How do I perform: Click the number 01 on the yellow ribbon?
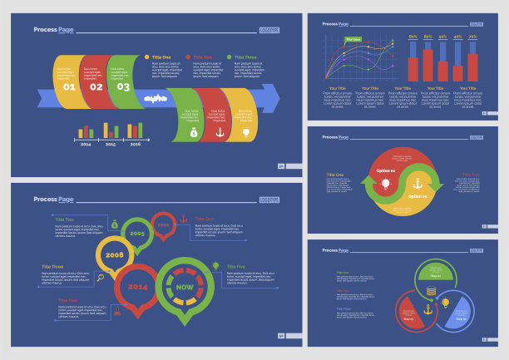pyautogui.click(x=69, y=86)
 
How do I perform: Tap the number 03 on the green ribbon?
pyautogui.click(x=123, y=86)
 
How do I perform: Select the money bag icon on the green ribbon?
pyautogui.click(x=193, y=132)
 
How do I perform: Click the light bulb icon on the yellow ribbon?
pyautogui.click(x=245, y=132)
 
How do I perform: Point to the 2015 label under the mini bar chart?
pyautogui.click(x=111, y=144)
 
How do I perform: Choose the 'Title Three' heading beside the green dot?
pyautogui.click(x=245, y=57)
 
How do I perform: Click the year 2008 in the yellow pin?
pyautogui.click(x=115, y=254)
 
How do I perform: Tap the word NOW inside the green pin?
pyautogui.click(x=184, y=287)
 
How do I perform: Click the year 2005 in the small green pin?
pyautogui.click(x=137, y=234)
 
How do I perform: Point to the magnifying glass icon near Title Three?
pyautogui.click(x=101, y=277)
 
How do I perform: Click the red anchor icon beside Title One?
pyautogui.click(x=185, y=218)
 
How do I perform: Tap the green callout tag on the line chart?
pyautogui.click(x=353, y=39)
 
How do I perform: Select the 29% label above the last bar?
pyautogui.click(x=472, y=37)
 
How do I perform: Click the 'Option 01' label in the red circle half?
pyautogui.click(x=386, y=170)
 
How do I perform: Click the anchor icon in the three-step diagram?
pyautogui.click(x=428, y=309)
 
